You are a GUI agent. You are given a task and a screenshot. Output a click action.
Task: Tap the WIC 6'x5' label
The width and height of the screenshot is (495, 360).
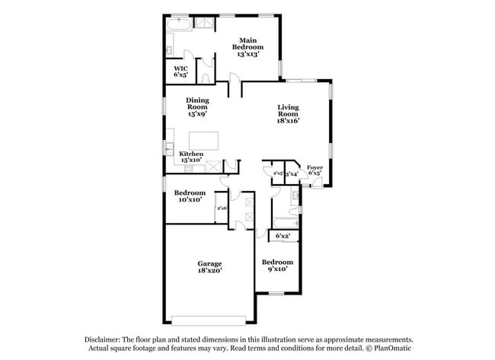[x=180, y=72]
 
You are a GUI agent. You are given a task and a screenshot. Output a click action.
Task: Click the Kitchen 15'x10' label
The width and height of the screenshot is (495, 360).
[x=190, y=157]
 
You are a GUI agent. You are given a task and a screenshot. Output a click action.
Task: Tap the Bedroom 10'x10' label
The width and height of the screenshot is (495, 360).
[x=190, y=196]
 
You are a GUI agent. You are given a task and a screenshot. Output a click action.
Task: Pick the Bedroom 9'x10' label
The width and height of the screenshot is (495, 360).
[x=277, y=266]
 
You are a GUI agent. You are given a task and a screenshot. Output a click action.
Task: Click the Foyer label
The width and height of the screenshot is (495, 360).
[x=314, y=169]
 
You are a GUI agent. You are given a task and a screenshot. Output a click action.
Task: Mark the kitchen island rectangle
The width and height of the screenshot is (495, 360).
[x=203, y=140]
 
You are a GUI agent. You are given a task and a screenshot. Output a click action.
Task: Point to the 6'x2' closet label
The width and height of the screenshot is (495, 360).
[x=283, y=236]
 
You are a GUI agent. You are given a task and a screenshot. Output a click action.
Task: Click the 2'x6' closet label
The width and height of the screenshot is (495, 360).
[x=222, y=208]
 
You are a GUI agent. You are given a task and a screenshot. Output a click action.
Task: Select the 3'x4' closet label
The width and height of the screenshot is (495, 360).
[x=291, y=174]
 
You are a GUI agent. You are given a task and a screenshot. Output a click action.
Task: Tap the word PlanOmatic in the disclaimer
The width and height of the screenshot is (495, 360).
[x=393, y=349]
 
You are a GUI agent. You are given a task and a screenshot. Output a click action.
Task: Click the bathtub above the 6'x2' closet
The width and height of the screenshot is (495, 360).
[x=285, y=222]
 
